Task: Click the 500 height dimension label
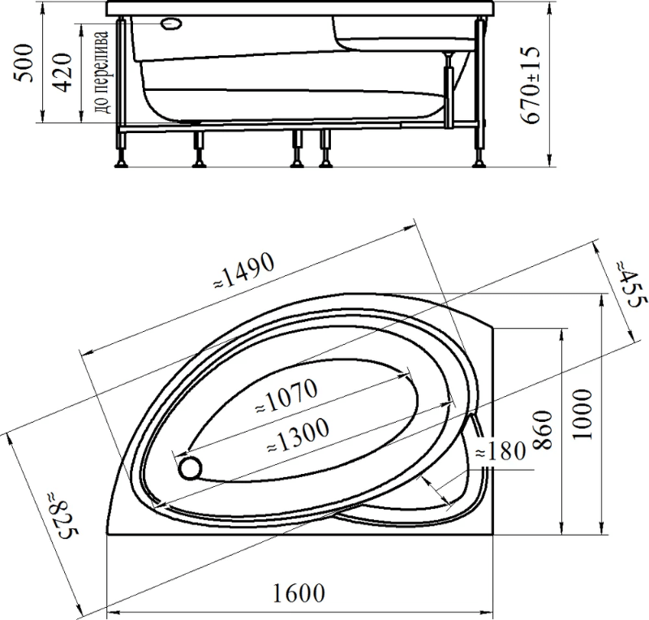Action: point(24,63)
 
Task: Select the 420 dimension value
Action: point(63,72)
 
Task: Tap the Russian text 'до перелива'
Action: point(102,72)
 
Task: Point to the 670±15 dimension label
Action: point(531,85)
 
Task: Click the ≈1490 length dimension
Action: point(244,269)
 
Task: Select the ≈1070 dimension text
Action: point(286,396)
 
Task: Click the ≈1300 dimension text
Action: point(298,435)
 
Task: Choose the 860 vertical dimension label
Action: point(542,430)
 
